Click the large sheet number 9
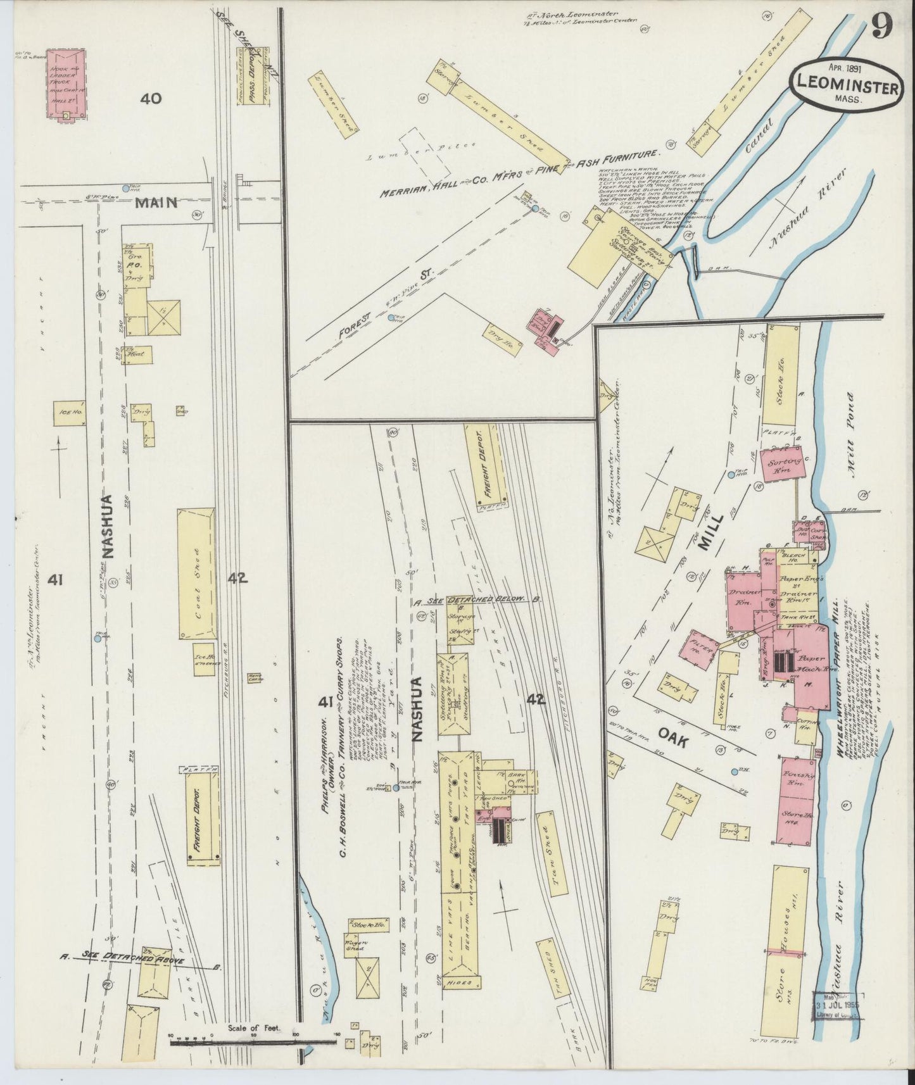pos(881,26)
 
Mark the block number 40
pos(152,99)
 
